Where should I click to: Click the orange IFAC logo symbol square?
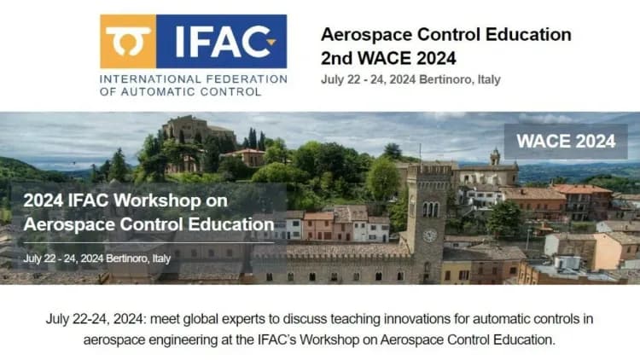(127, 41)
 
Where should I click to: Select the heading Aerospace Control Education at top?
(445, 35)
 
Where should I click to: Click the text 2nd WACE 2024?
(388, 58)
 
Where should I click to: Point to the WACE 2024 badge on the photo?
(565, 142)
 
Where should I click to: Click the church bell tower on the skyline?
(495, 160)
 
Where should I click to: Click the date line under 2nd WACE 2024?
(410, 79)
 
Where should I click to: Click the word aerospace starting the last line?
(112, 340)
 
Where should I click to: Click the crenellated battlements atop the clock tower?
(428, 170)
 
